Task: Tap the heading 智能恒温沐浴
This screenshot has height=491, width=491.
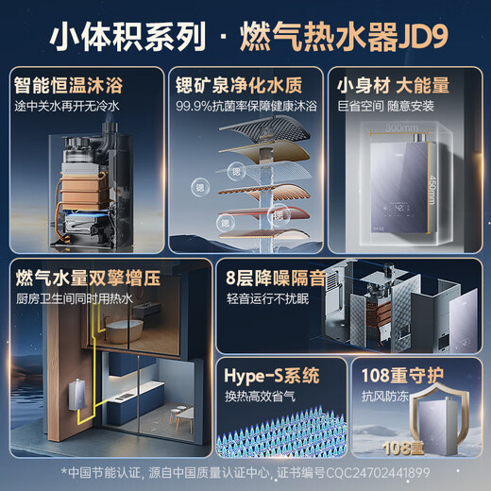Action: [x=74, y=85]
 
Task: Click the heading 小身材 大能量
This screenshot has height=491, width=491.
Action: [x=400, y=85]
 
